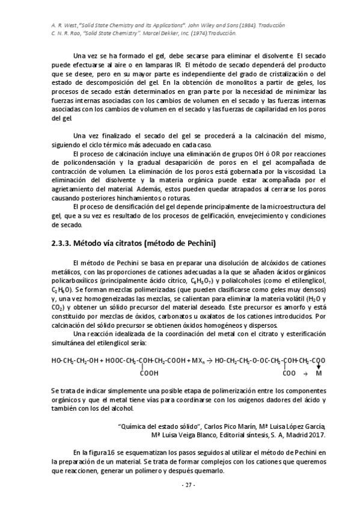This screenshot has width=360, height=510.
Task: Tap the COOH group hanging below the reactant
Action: [x=150, y=373]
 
